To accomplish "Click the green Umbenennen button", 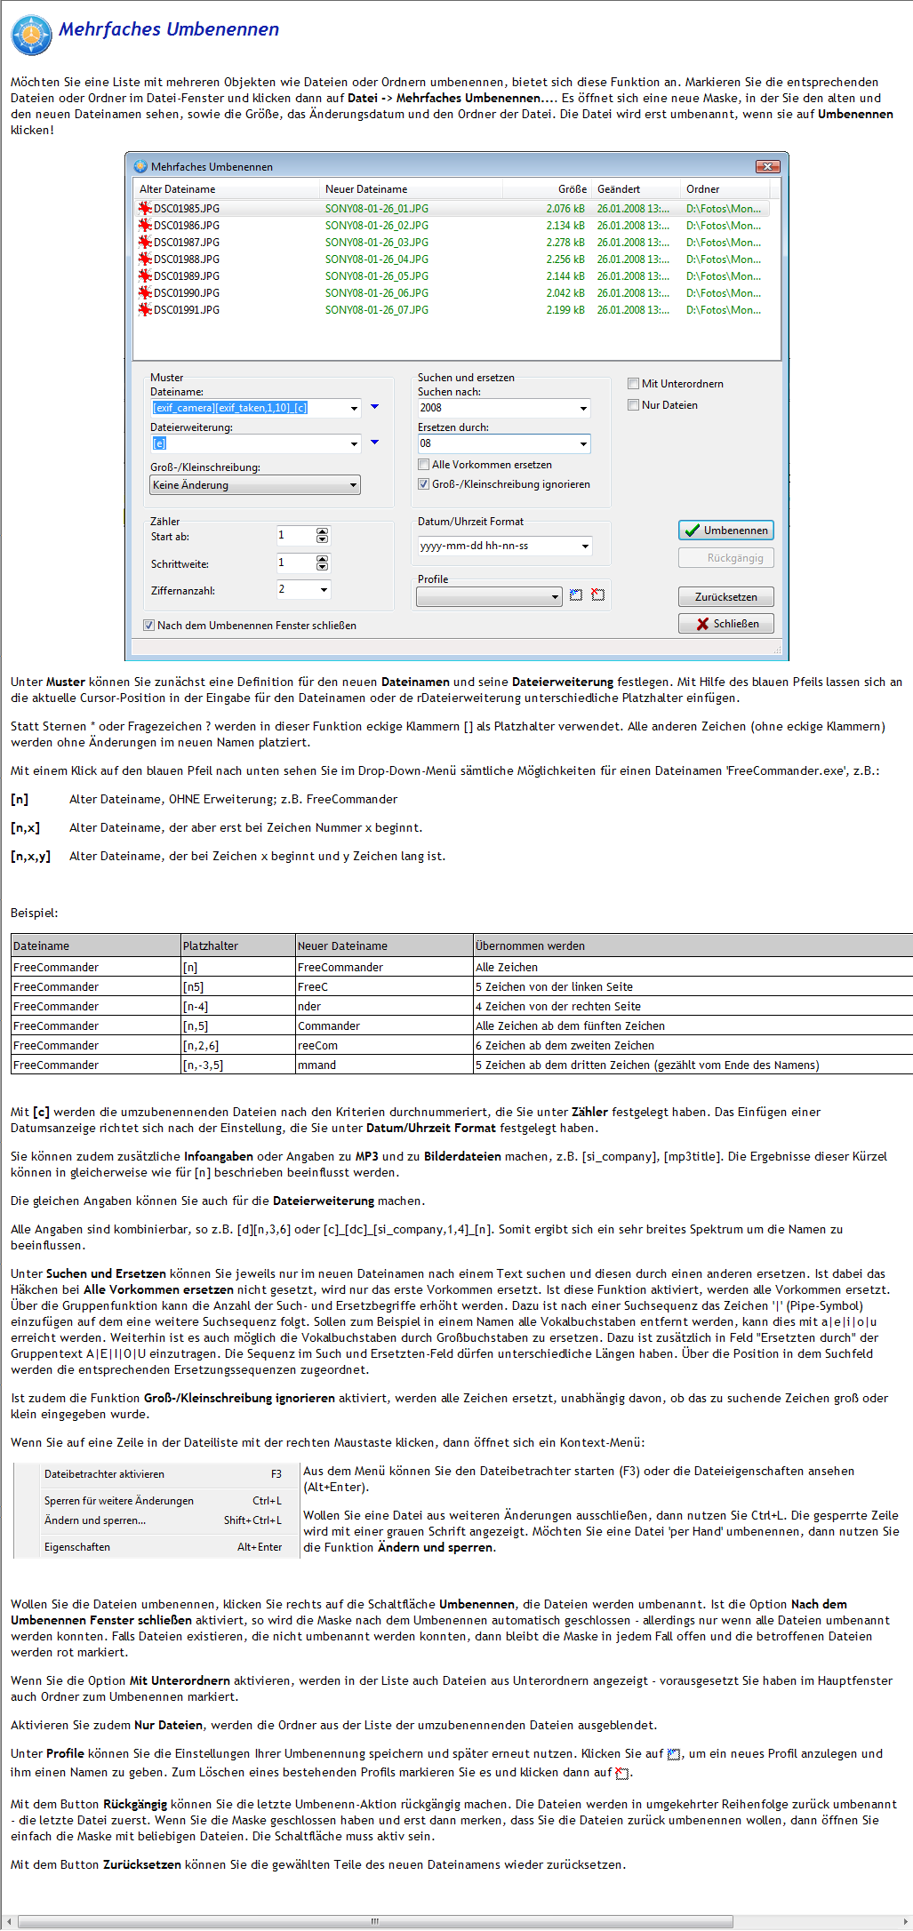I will click(x=725, y=531).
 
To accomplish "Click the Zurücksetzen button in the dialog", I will click(x=725, y=597).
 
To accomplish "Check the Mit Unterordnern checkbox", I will click(x=634, y=384).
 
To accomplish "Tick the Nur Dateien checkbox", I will click(x=634, y=405).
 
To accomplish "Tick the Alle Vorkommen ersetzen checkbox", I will click(x=424, y=465).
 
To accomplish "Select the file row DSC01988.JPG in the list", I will click(x=187, y=259).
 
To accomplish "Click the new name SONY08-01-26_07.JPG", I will click(x=377, y=310).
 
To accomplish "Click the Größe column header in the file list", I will click(x=572, y=189).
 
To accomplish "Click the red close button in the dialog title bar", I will click(x=767, y=166).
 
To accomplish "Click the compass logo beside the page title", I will click(x=31, y=36).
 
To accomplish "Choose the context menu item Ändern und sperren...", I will click(x=95, y=1520).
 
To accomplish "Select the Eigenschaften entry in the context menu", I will click(x=77, y=1547).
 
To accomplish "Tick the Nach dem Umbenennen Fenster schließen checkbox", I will click(x=149, y=626).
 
